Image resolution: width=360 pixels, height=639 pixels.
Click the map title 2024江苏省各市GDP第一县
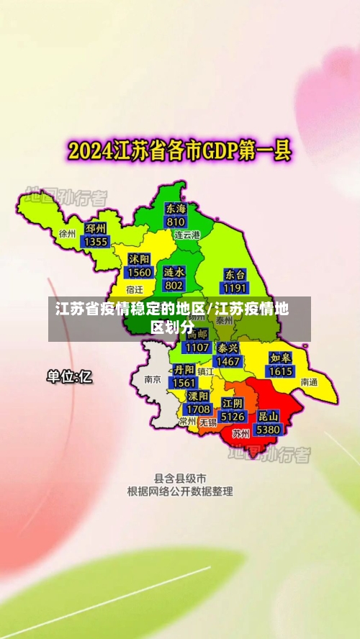click(179, 150)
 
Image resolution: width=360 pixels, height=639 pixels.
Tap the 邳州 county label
click(96, 229)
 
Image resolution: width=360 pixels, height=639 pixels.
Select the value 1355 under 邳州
click(96, 242)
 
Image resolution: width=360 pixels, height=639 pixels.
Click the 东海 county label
click(176, 209)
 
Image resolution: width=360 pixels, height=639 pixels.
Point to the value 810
click(176, 222)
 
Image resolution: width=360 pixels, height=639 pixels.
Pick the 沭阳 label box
click(139, 259)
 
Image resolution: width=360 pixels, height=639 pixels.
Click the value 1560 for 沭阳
click(139, 272)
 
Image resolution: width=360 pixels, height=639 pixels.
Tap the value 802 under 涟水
click(174, 286)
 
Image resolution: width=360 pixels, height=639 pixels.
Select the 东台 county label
click(235, 274)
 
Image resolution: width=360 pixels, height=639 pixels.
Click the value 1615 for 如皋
click(280, 371)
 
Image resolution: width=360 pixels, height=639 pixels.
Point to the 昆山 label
click(268, 416)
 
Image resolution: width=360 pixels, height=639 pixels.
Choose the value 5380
click(268, 429)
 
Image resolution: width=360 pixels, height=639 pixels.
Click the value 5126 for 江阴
click(233, 416)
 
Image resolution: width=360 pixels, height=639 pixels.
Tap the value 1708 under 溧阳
click(198, 409)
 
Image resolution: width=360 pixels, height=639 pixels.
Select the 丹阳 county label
click(184, 370)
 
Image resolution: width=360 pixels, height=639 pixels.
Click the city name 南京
click(152, 379)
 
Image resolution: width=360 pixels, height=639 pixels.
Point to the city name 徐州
click(68, 234)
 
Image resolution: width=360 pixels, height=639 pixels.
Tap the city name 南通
click(309, 382)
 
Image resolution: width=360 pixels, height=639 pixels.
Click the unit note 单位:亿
click(69, 376)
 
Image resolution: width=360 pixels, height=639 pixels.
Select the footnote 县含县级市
click(180, 478)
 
